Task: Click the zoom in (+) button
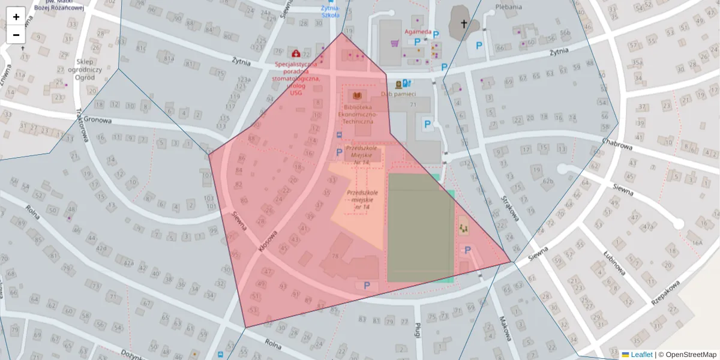coord(16,17)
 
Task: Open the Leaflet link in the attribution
coord(641,355)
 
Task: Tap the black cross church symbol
coord(463,24)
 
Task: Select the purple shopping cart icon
coord(395,43)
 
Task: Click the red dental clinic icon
coord(296,53)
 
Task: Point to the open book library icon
coord(357,96)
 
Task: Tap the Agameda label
coord(418,32)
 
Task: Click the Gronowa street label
coord(98,120)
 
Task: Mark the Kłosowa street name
coord(268,242)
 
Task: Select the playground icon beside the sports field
coord(463,228)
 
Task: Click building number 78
coord(335,256)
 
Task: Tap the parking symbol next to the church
coord(479,45)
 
